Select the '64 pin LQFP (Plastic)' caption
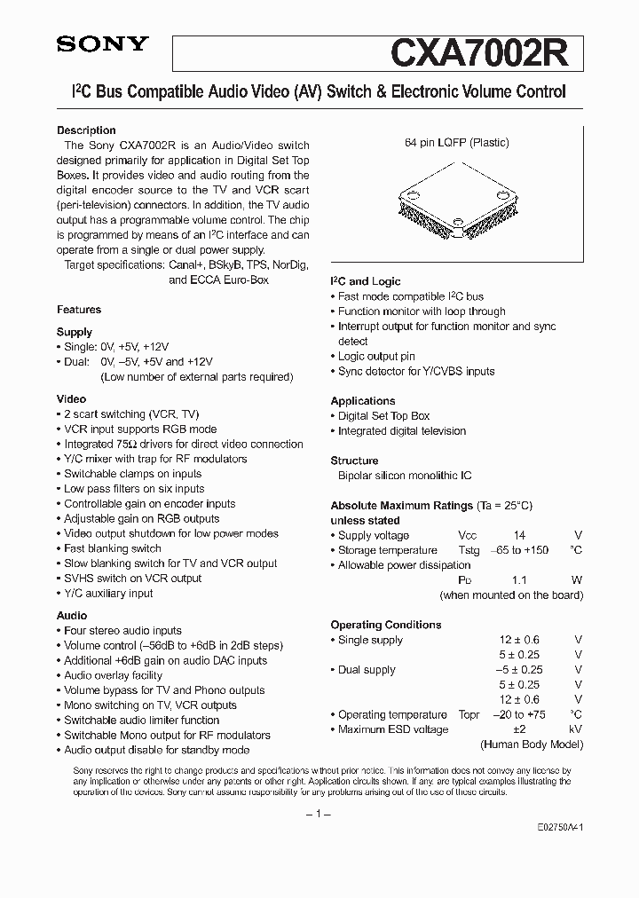[456, 143]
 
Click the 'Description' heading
[86, 130]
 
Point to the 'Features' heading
[79, 310]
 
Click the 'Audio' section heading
[72, 615]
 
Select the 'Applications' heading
[362, 401]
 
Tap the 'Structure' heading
[354, 461]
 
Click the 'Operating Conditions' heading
[385, 625]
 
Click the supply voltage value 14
[519, 535]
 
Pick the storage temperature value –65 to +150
[519, 550]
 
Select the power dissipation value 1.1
[519, 580]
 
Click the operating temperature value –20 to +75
[519, 714]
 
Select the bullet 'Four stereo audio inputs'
[122, 630]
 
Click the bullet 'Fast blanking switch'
[112, 548]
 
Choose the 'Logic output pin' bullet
[376, 356]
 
